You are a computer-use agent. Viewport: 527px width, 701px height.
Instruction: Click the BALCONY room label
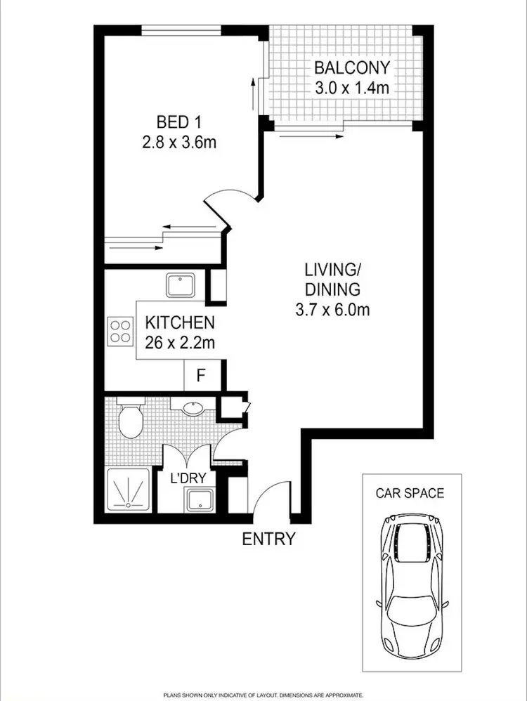351,68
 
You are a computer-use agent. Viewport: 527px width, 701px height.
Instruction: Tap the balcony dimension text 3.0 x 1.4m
351,89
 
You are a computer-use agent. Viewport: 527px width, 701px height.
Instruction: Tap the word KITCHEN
179,324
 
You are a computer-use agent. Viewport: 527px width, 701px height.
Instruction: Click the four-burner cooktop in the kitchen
120,331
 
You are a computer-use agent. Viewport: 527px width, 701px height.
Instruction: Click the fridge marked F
200,376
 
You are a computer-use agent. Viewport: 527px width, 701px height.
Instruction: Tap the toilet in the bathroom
131,419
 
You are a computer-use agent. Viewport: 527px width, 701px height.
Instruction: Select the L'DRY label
188,478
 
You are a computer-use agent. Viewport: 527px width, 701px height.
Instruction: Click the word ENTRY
268,539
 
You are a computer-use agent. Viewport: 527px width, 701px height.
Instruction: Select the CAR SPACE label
409,492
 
